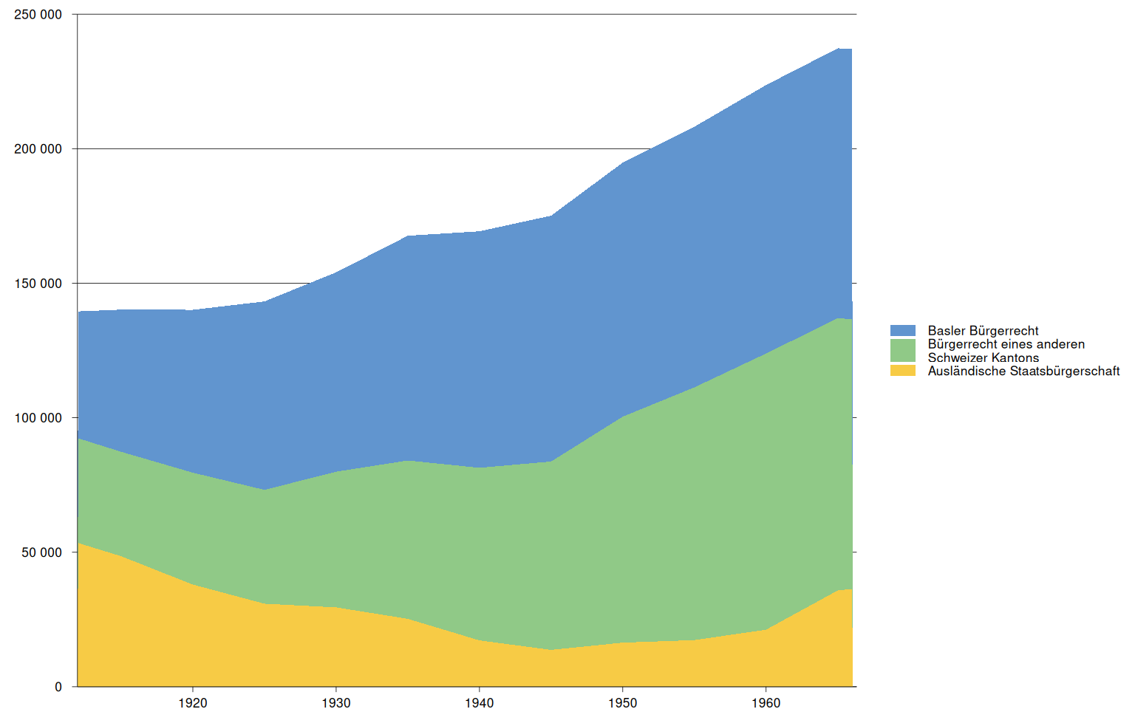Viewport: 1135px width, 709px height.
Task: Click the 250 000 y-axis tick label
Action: click(x=38, y=15)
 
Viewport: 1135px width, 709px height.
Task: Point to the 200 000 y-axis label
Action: click(x=38, y=149)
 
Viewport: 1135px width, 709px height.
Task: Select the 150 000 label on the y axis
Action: click(x=38, y=284)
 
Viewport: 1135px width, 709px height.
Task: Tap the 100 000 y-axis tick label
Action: click(x=38, y=418)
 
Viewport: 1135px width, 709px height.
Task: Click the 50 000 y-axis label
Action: click(x=41, y=552)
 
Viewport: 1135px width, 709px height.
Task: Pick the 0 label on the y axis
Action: click(x=58, y=687)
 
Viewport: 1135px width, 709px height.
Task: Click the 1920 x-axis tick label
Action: click(x=193, y=702)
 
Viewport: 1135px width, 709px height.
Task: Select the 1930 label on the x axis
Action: click(x=336, y=702)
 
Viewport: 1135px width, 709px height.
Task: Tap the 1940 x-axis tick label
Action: click(x=480, y=702)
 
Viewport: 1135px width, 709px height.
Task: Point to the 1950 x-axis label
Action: click(x=623, y=702)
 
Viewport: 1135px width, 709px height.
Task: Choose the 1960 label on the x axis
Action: click(x=766, y=702)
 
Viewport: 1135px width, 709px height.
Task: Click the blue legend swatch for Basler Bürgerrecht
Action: click(x=903, y=331)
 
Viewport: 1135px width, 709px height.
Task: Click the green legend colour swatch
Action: click(x=903, y=350)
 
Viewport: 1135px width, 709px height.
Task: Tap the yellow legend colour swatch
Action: click(x=903, y=371)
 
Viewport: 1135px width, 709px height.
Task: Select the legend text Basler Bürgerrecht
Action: click(x=983, y=331)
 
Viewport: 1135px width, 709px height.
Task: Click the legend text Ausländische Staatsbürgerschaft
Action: click(x=1023, y=371)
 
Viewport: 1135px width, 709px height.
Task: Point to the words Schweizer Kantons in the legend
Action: click(x=983, y=357)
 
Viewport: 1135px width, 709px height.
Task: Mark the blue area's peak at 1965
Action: click(x=838, y=49)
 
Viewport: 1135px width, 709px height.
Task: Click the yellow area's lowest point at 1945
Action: click(x=551, y=650)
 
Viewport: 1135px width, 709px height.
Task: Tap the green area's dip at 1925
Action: click(x=265, y=490)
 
